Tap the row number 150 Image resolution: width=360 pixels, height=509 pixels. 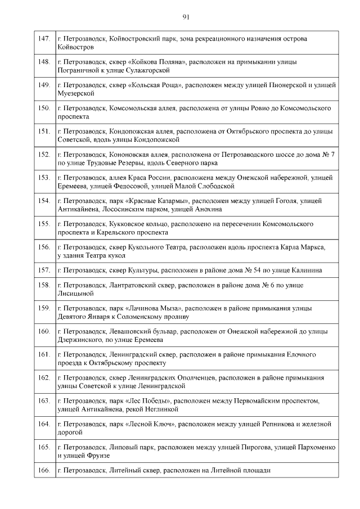tap(44, 107)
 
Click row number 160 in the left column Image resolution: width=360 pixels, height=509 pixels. tap(44, 331)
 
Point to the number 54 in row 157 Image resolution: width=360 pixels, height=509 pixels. tap(260, 270)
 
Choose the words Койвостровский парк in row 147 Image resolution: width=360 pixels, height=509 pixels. tap(144, 38)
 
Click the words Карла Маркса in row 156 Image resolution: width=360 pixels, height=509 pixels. tap(303, 246)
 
